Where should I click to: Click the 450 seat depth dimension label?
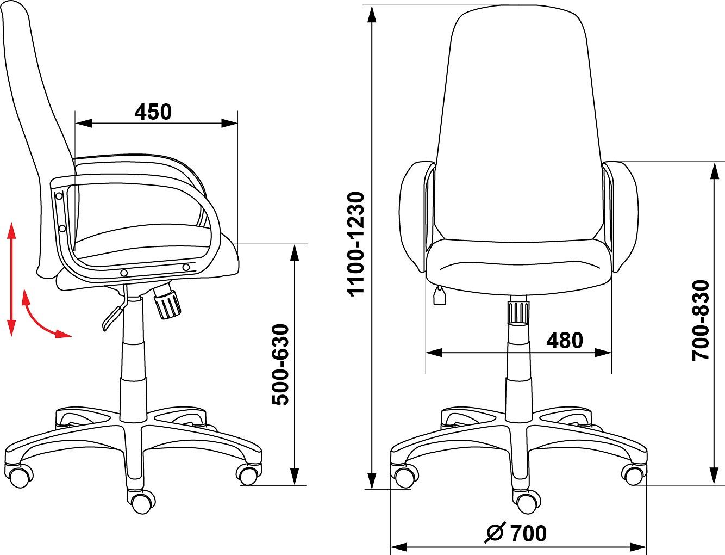[x=153, y=112]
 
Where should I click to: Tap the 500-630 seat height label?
[x=280, y=365]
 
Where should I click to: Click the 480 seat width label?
[x=565, y=341]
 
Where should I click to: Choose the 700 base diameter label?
[x=528, y=533]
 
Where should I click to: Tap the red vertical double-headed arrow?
[x=12, y=279]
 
